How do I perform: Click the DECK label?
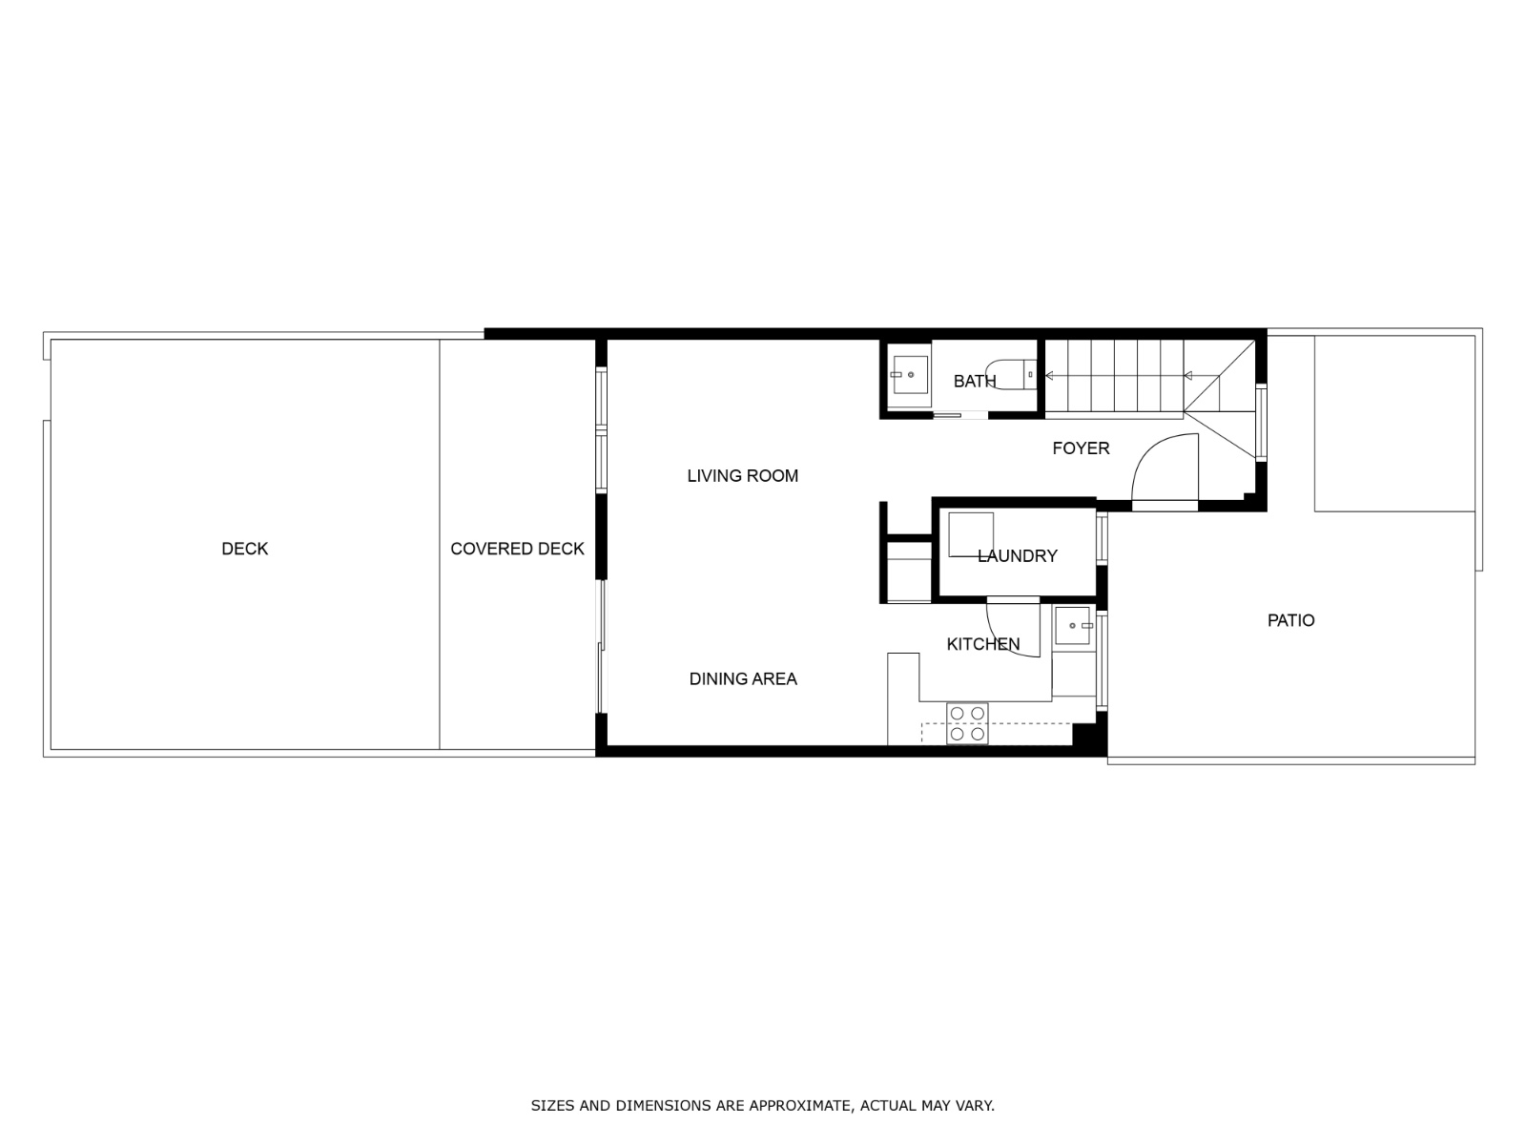pos(244,549)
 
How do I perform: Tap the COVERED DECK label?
pos(517,549)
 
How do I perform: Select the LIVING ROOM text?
pos(742,475)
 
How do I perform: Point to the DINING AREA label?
pos(742,678)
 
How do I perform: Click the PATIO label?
pos(1290,620)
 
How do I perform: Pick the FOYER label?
pos(1081,448)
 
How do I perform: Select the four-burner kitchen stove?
pos(967,723)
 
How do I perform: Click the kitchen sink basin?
pos(1073,626)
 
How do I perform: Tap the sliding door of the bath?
pos(959,414)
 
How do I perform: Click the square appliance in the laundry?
pos(970,534)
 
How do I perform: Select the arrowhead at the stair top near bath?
pos(1050,376)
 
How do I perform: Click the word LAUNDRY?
pos(1017,556)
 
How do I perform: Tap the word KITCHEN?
pos(982,644)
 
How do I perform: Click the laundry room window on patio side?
pos(1102,539)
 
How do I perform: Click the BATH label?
pos(974,382)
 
